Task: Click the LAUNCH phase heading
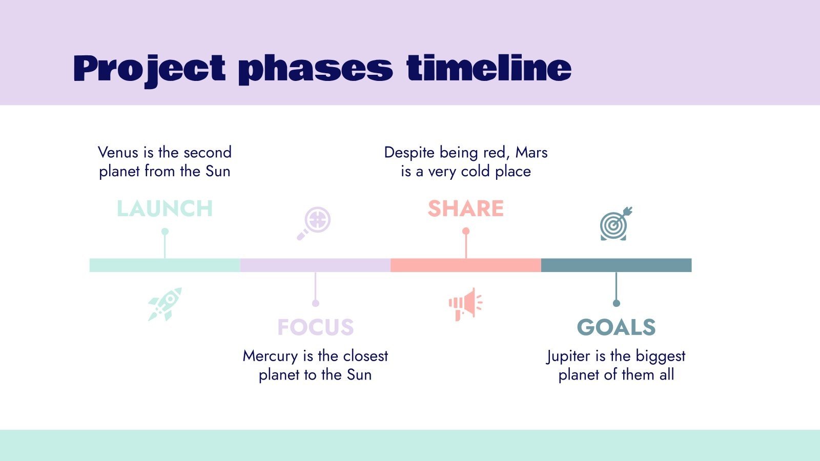165,208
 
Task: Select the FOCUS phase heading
315,327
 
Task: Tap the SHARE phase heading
465,208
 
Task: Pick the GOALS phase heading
616,327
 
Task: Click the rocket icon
165,304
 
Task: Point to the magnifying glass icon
314,223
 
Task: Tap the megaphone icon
465,304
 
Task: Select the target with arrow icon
616,224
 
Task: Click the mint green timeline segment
165,265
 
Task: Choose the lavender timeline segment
315,265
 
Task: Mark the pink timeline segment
465,265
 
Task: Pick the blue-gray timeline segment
616,265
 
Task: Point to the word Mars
531,152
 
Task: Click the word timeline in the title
488,68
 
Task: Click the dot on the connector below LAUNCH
165,232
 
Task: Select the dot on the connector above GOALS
616,303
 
